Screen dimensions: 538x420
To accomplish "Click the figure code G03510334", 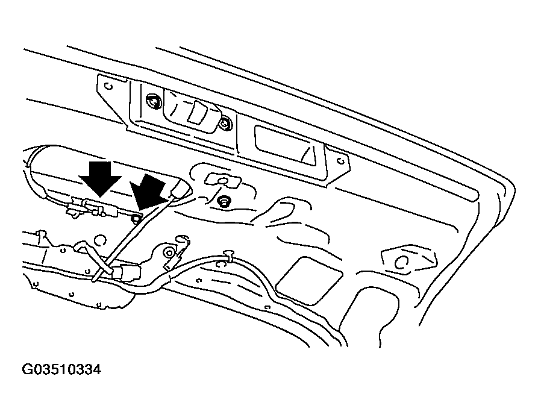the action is tap(62, 370).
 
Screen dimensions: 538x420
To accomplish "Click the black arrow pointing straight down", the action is tap(100, 179).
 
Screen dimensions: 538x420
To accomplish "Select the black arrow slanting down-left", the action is tap(149, 192).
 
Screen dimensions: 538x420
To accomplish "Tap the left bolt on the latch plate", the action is tap(153, 101).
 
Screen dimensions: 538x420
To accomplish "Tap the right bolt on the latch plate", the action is tap(225, 124).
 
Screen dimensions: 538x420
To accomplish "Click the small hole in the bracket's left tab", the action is tap(109, 86).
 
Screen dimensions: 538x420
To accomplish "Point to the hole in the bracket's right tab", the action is tap(341, 160).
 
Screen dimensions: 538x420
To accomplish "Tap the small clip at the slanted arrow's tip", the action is tap(136, 216).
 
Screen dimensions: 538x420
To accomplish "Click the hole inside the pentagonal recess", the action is tap(400, 263).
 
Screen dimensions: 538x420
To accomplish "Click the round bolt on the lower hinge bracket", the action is tap(169, 253).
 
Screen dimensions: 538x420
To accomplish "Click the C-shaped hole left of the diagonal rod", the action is tap(99, 240).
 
